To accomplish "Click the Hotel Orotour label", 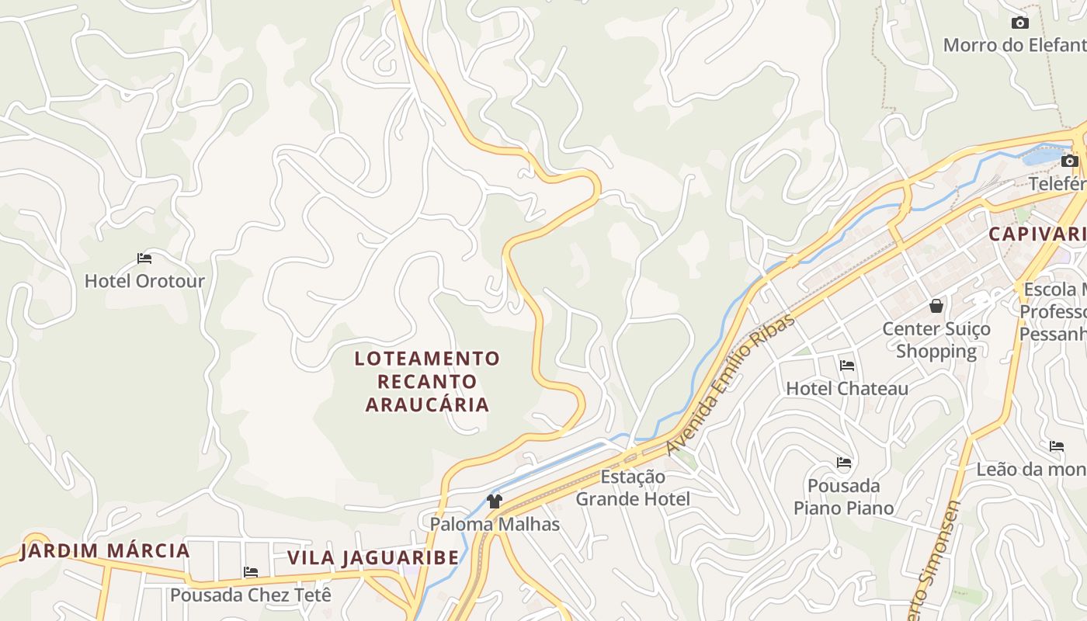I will pyautogui.click(x=144, y=281).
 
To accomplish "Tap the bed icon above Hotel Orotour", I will pyautogui.click(x=144, y=258).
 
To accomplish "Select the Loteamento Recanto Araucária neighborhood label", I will pyautogui.click(x=427, y=381).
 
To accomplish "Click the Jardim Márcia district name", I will pyautogui.click(x=105, y=551).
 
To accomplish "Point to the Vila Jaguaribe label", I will pyautogui.click(x=373, y=557).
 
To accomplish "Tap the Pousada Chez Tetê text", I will pyautogui.click(x=251, y=595).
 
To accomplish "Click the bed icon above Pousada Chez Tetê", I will pyautogui.click(x=251, y=572).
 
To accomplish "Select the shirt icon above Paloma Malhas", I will pyautogui.click(x=495, y=501).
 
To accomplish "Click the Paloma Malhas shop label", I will pyautogui.click(x=495, y=524).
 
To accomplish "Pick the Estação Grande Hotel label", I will pyautogui.click(x=632, y=487).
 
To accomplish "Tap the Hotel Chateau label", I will pyautogui.click(x=847, y=388).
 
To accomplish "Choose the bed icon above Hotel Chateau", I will pyautogui.click(x=847, y=365).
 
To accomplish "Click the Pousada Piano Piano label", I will pyautogui.click(x=843, y=497).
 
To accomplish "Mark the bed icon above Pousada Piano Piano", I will pyautogui.click(x=844, y=463).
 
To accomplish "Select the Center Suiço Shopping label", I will pyautogui.click(x=936, y=340).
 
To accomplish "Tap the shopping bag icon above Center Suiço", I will pyautogui.click(x=936, y=306).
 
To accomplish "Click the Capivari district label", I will pyautogui.click(x=1037, y=234).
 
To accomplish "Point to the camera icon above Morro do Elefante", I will pyautogui.click(x=1020, y=23).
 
